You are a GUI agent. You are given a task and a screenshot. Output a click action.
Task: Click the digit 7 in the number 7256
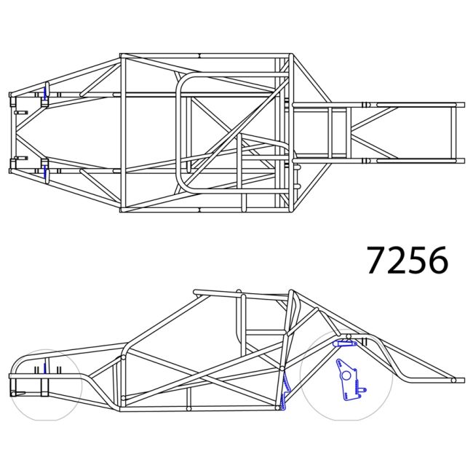(377, 260)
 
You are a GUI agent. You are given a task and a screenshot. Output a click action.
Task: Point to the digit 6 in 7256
(437, 260)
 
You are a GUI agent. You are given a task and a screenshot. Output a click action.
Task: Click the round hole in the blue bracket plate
(345, 375)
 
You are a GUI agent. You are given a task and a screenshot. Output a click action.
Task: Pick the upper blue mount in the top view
(45, 92)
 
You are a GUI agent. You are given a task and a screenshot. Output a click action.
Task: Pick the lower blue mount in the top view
(45, 172)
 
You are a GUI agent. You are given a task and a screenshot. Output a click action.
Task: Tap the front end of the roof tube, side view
(196, 293)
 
